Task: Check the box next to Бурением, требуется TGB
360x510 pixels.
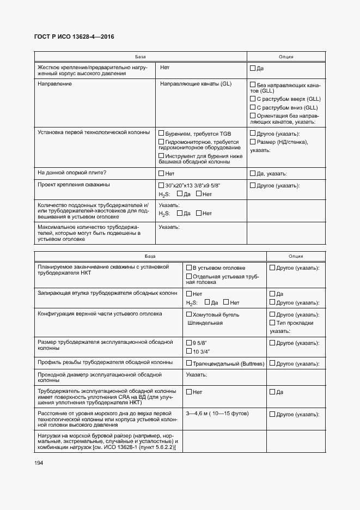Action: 161,133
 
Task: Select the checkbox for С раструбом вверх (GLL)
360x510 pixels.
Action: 253,99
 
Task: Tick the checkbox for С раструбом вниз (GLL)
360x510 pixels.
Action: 253,108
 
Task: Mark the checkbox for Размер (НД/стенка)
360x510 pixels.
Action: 253,142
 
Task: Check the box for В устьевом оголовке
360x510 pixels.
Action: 189,268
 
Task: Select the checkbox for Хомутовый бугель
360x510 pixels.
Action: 189,314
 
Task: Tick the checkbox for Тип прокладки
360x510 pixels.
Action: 272,323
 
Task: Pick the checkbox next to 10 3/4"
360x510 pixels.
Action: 189,351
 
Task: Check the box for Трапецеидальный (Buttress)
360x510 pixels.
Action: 189,363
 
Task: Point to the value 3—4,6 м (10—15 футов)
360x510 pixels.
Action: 215,415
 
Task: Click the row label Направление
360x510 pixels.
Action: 54,84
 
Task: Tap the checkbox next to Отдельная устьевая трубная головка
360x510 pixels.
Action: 189,276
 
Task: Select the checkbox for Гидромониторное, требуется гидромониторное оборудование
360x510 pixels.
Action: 161,142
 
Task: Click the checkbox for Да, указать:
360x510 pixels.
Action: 253,173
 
